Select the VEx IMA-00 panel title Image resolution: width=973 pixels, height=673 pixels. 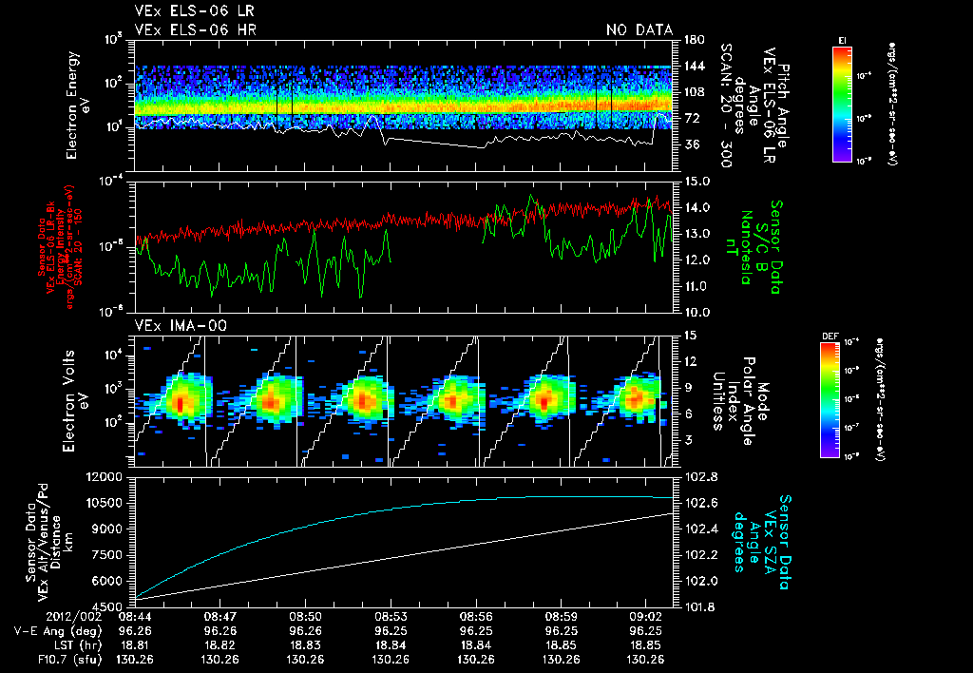click(171, 325)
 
